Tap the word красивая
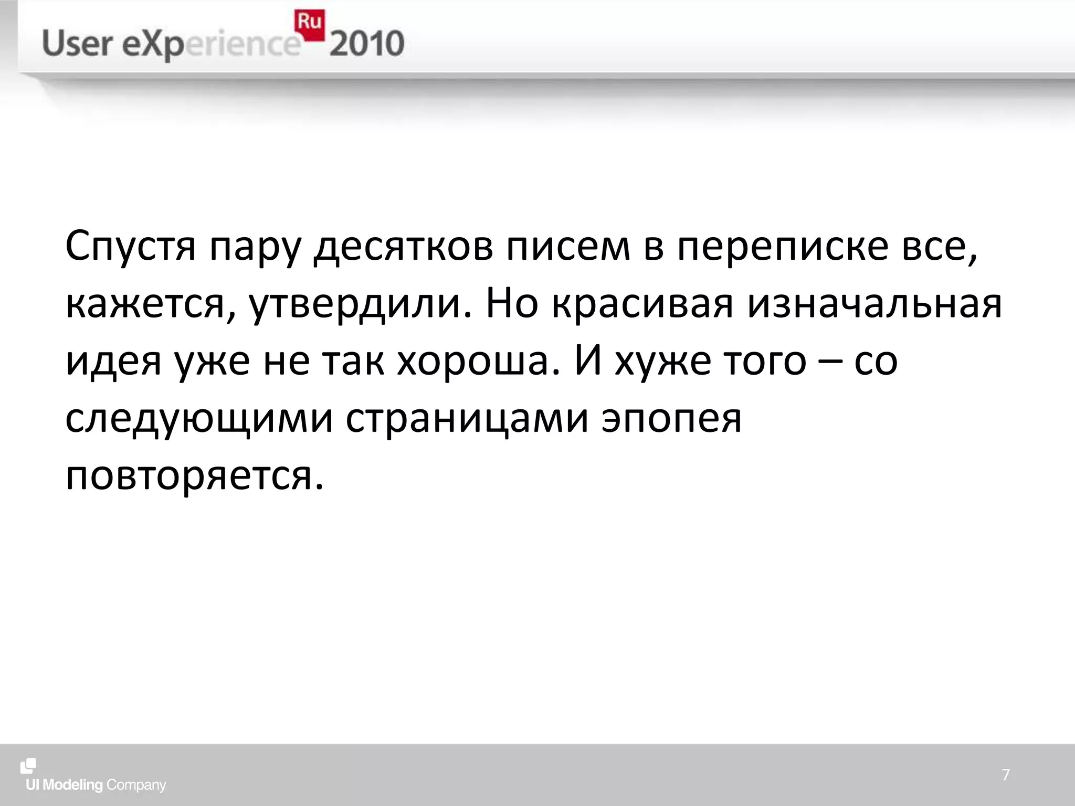tap(642, 304)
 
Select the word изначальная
tap(874, 304)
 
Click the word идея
tap(113, 362)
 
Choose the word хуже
tap(662, 362)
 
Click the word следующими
tap(199, 420)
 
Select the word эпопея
tap(671, 420)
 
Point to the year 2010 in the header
tap(367, 44)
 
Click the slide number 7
tap(1006, 775)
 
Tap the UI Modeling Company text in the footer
tap(96, 785)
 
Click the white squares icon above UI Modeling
tap(28, 766)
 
